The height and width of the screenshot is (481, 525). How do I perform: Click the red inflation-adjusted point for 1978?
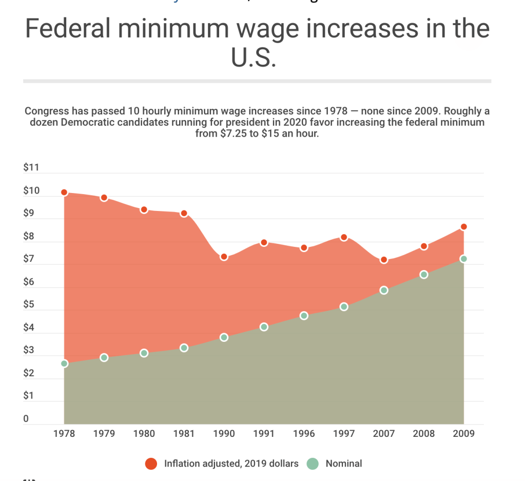pos(64,193)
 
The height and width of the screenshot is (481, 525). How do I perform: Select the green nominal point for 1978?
pos(64,363)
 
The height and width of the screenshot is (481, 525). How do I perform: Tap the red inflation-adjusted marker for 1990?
pos(224,257)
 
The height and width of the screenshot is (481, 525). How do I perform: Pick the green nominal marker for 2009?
pos(463,259)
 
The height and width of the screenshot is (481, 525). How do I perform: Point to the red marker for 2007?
pos(383,260)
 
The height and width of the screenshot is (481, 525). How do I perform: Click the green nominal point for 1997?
pos(344,306)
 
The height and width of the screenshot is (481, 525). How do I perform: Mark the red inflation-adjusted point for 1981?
pos(184,213)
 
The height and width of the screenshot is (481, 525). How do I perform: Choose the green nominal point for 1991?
pos(264,327)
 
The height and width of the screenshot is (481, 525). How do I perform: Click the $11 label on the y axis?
pos(31,168)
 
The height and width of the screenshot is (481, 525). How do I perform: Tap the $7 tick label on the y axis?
pos(29,259)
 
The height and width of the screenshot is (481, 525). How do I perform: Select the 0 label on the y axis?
pos(26,419)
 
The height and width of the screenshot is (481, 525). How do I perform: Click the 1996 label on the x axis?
pos(304,433)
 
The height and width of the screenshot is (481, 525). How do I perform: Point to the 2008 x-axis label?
pos(424,433)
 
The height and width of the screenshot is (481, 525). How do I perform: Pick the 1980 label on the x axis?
pos(144,433)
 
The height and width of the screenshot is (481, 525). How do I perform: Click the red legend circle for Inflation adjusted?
pos(151,464)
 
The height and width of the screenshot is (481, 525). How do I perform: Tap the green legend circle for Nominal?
pos(312,464)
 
